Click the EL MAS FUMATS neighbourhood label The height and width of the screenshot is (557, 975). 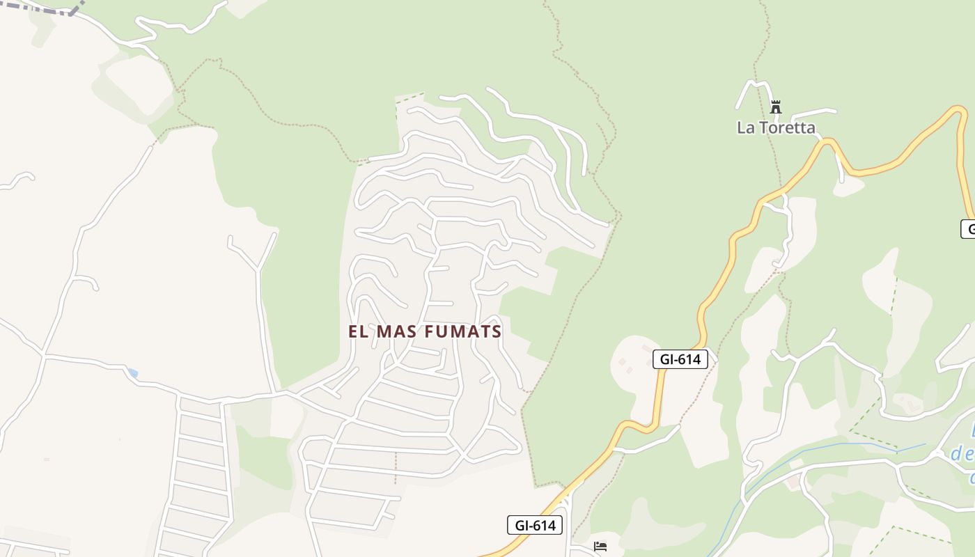(425, 331)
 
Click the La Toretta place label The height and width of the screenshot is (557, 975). (776, 127)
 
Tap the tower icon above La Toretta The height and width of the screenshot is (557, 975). (776, 107)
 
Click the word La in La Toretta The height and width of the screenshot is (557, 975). (745, 127)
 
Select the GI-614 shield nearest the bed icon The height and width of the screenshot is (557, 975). (535, 525)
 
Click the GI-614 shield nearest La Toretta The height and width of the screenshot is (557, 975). (680, 359)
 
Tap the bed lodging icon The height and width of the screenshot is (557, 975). (600, 547)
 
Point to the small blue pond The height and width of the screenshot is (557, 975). (132, 374)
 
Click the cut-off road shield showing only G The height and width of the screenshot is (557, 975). (969, 228)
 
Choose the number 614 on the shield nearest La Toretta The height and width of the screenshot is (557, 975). (689, 359)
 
